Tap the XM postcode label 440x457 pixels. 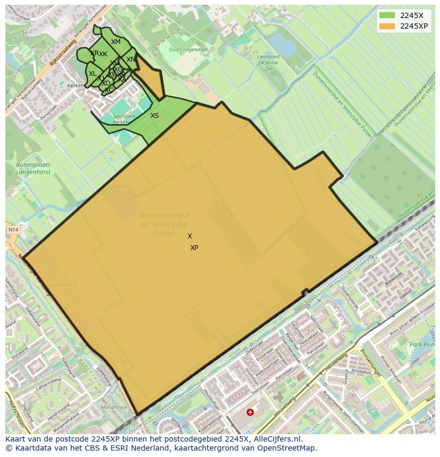116,42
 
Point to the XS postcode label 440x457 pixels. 155,116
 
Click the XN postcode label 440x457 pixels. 131,59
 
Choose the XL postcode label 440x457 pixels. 92,74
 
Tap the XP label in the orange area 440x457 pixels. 194,248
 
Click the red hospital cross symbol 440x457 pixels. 250,412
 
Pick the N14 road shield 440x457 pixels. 13,230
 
